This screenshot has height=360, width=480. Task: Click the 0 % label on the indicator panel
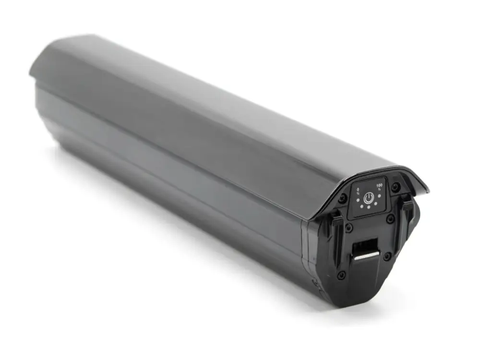pyautogui.click(x=358, y=192)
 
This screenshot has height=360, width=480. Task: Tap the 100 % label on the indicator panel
pyautogui.click(x=379, y=187)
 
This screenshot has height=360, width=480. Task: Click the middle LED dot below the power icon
pyautogui.click(x=369, y=207)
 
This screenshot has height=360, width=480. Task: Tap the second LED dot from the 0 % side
pyautogui.click(x=362, y=206)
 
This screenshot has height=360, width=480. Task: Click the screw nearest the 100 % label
pyautogui.click(x=397, y=185)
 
